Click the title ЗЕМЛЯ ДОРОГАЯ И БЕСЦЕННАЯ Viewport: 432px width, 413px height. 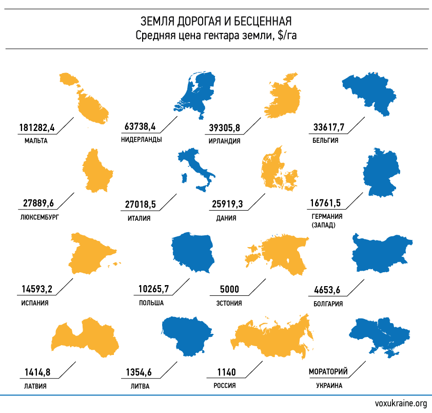tap(216, 21)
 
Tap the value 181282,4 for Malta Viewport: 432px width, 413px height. tap(36, 127)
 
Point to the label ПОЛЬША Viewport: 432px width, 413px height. tap(151, 303)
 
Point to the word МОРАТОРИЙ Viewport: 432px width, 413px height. tap(329, 372)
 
